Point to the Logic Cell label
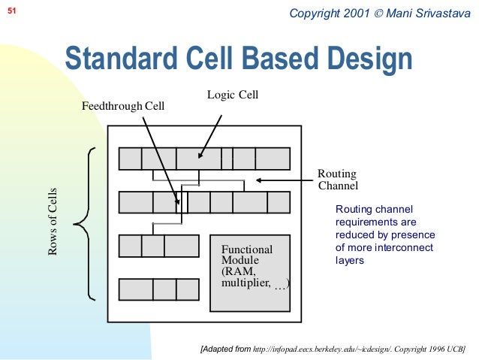pyautogui.click(x=232, y=94)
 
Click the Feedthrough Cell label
pyautogui.click(x=122, y=107)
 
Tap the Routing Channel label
pyautogui.click(x=338, y=180)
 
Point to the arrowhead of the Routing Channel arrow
pyautogui.click(x=257, y=180)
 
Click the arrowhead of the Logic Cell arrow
pyautogui.click(x=200, y=157)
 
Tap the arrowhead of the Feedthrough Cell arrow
pyautogui.click(x=179, y=202)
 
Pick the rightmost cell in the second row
pyautogui.click(x=279, y=203)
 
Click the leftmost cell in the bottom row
pyautogui.click(x=136, y=289)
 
